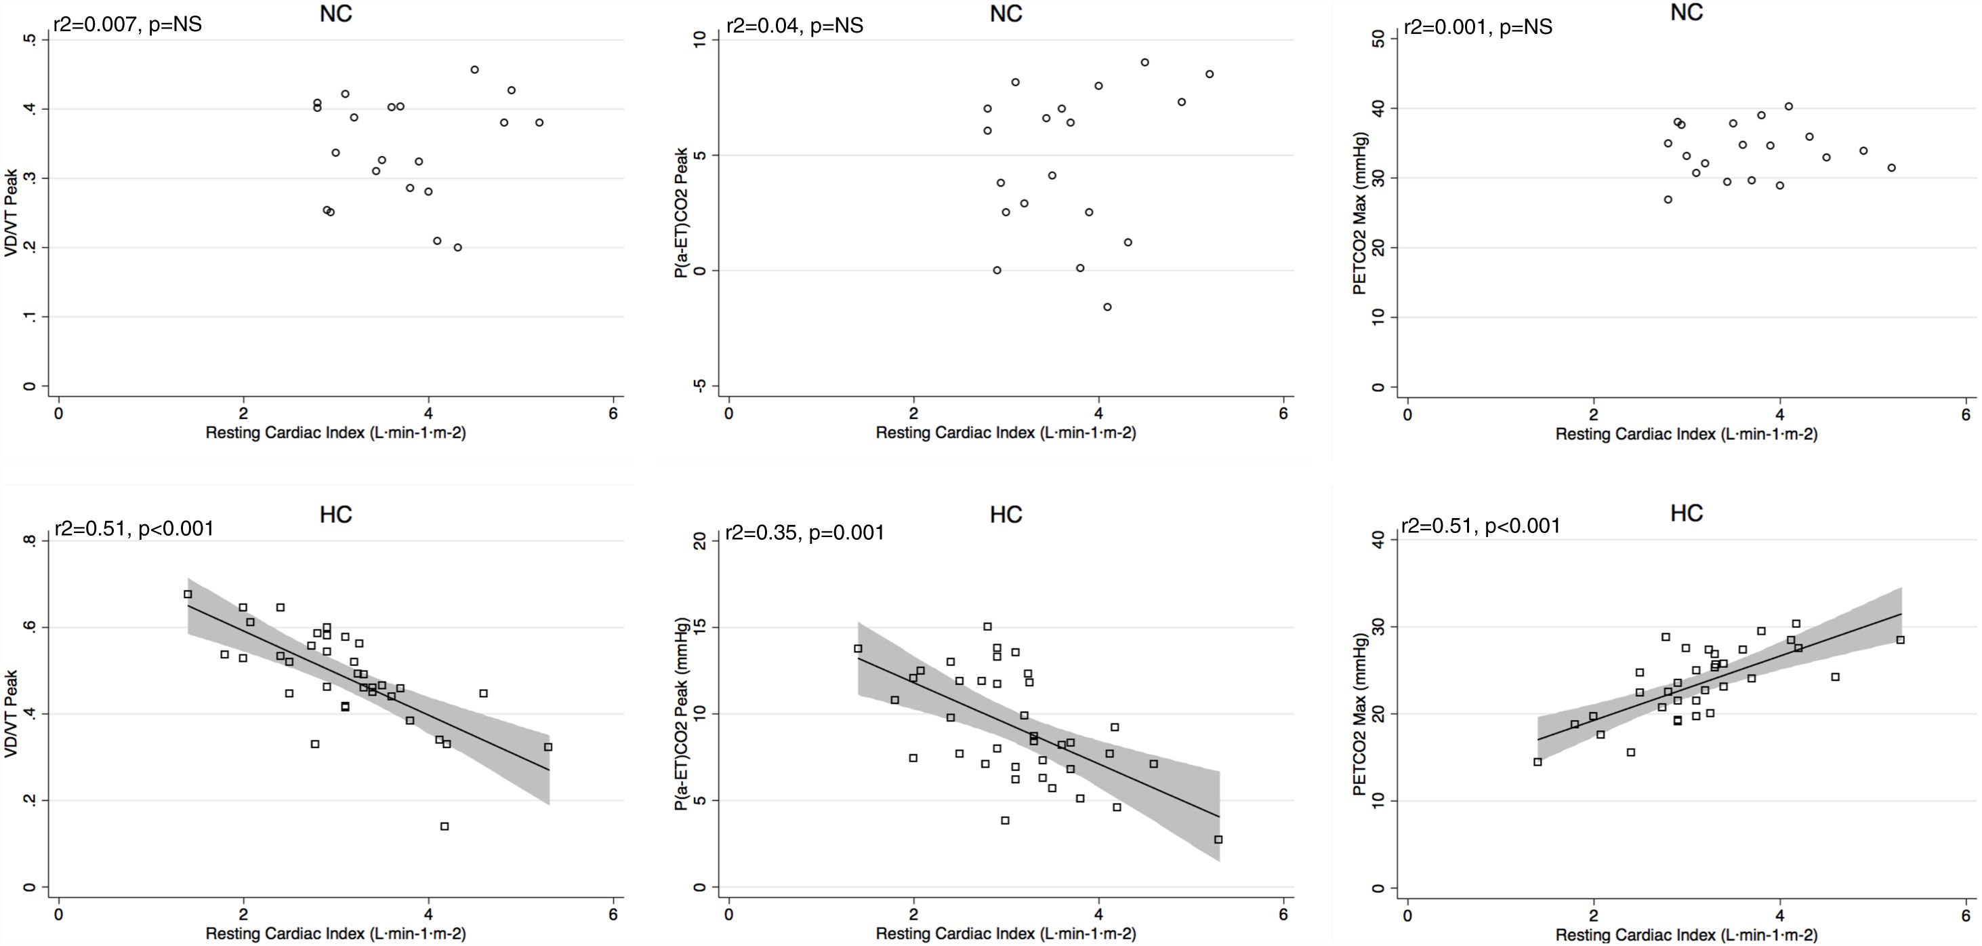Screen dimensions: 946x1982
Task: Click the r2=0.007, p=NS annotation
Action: click(x=127, y=24)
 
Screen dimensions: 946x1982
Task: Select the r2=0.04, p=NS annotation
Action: click(x=794, y=25)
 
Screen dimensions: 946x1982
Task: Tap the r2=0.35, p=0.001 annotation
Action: click(x=805, y=532)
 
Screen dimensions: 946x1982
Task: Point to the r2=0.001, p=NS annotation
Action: click(x=1478, y=27)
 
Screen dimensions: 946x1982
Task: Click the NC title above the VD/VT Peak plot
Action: click(x=335, y=13)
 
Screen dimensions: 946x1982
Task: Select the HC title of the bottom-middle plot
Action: click(x=1006, y=515)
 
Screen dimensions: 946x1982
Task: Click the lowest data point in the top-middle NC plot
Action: click(x=1107, y=307)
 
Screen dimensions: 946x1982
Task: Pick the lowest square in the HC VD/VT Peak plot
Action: click(x=444, y=826)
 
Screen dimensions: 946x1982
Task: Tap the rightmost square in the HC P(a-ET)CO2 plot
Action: click(x=1218, y=839)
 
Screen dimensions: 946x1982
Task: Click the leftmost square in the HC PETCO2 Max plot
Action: click(x=1537, y=762)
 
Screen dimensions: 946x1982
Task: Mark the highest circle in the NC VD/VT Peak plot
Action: click(x=475, y=69)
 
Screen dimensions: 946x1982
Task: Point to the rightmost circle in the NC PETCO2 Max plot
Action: click(x=1891, y=167)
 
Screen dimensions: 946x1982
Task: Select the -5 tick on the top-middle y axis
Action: click(x=700, y=386)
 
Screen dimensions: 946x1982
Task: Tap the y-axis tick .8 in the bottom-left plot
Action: click(x=30, y=540)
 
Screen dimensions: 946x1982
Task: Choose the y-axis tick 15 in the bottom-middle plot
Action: click(x=700, y=627)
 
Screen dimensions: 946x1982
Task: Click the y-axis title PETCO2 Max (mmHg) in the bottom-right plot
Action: click(x=1361, y=714)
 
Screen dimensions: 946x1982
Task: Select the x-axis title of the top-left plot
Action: click(x=335, y=433)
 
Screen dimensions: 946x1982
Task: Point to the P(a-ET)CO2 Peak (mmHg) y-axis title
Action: click(x=681, y=714)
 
